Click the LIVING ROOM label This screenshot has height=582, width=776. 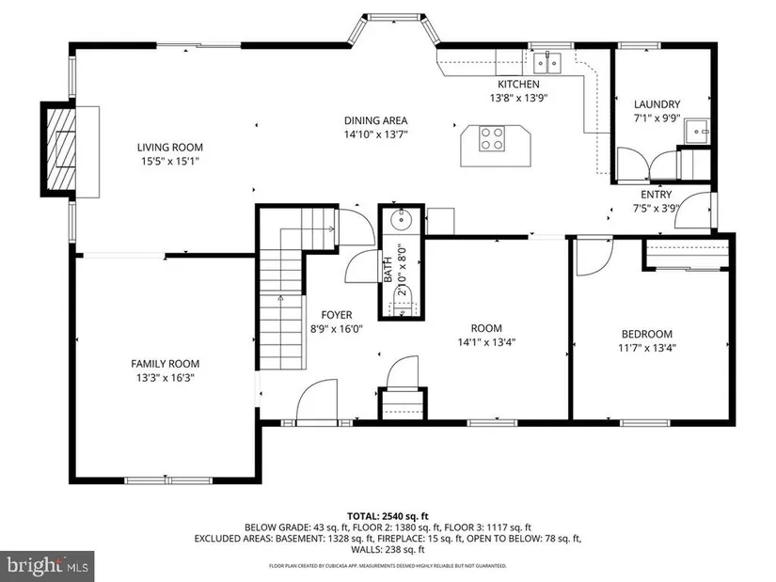pos(169,147)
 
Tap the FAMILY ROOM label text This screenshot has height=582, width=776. pos(166,364)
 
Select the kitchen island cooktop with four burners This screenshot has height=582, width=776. pos(492,138)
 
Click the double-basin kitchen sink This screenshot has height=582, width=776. pos(547,63)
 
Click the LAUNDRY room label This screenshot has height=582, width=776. pos(657,104)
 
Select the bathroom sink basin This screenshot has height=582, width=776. pos(401,219)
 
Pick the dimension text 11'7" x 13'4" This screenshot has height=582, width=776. pos(647,348)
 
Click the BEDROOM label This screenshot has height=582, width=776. pos(647,334)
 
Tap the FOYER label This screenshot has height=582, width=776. pos(337,315)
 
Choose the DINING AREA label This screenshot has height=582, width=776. pos(375,120)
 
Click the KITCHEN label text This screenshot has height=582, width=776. pos(518,84)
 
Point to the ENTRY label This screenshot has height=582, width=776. pos(657,195)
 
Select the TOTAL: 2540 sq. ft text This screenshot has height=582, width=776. pos(388,517)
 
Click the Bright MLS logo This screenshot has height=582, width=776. pos(47,565)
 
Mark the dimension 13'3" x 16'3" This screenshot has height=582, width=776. pos(166,378)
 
